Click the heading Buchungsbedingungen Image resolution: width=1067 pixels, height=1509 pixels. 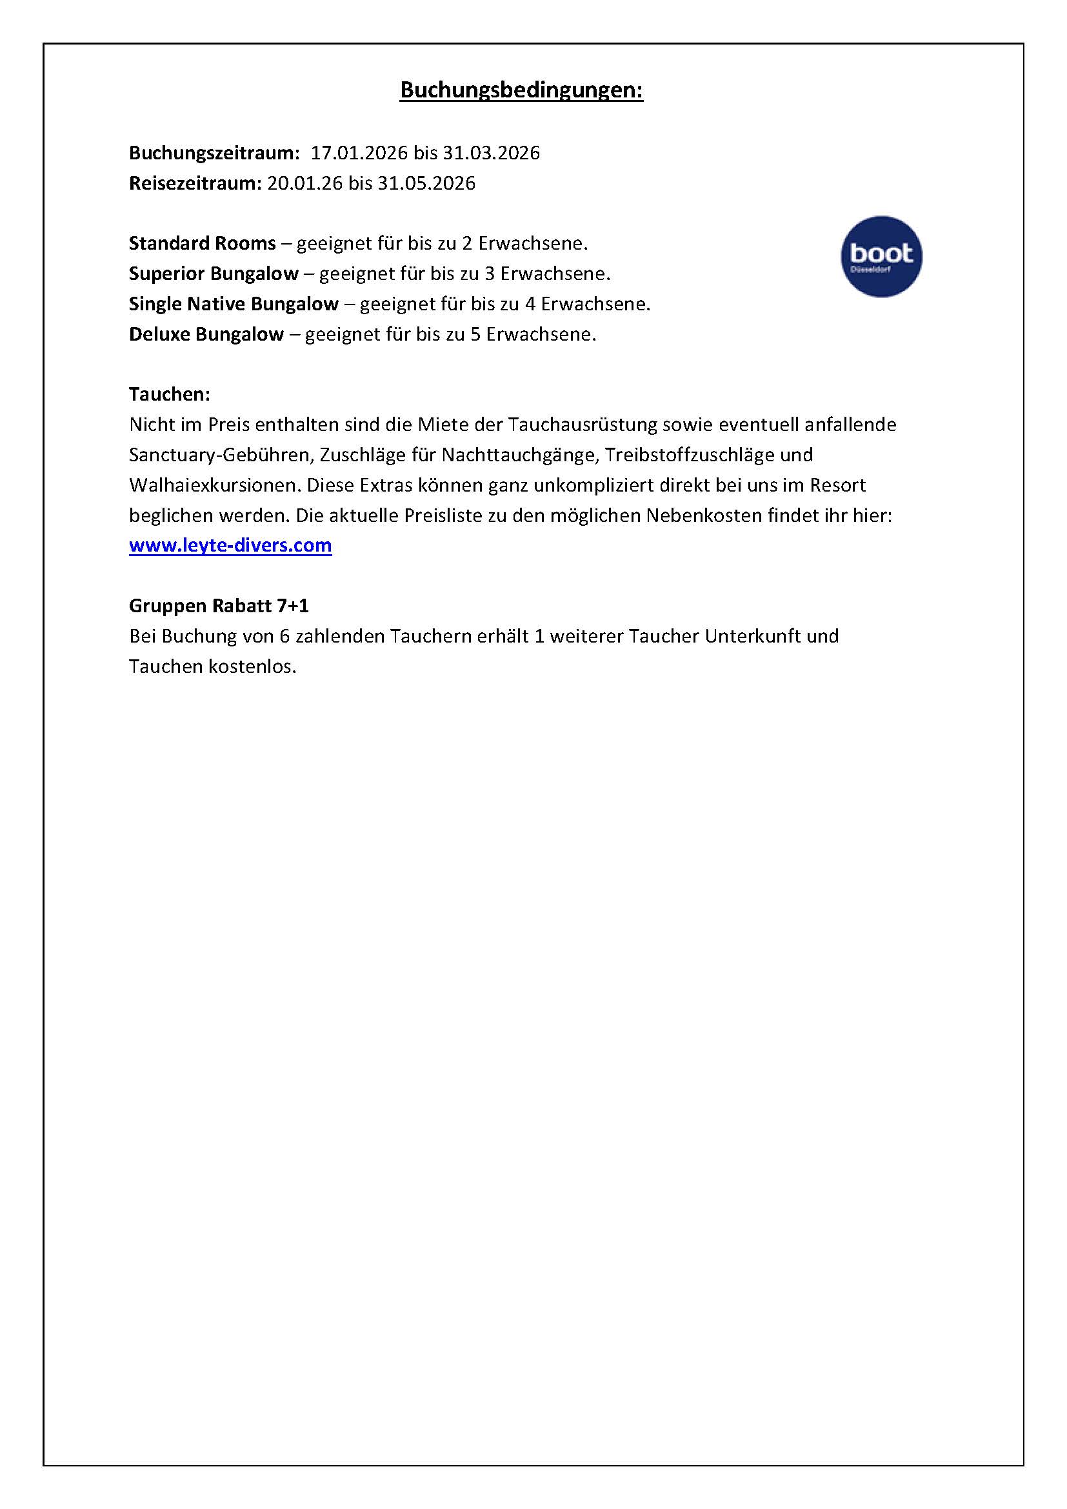click(522, 91)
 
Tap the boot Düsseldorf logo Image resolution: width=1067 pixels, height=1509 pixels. click(881, 256)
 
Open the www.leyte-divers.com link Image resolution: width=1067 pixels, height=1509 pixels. click(230, 546)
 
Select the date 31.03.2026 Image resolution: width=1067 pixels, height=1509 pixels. click(491, 153)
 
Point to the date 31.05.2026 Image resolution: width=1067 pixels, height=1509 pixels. click(426, 183)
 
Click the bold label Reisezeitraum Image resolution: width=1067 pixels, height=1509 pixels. click(195, 183)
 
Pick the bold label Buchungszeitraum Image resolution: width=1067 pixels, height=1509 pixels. click(214, 153)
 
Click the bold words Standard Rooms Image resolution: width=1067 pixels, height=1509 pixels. click(203, 244)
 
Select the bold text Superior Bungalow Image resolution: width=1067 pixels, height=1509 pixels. click(214, 274)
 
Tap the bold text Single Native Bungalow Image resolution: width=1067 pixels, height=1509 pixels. click(234, 305)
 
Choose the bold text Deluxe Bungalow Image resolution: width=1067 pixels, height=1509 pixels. click(206, 335)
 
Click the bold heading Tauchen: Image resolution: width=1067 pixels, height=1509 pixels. click(170, 394)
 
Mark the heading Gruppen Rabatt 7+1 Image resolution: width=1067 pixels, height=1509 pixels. click(219, 605)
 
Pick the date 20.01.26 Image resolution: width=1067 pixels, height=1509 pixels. click(305, 183)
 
